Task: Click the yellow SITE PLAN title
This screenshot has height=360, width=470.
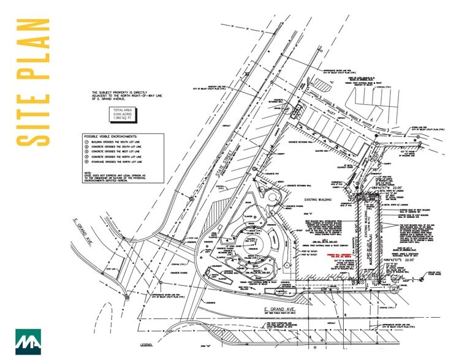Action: (x=32, y=82)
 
